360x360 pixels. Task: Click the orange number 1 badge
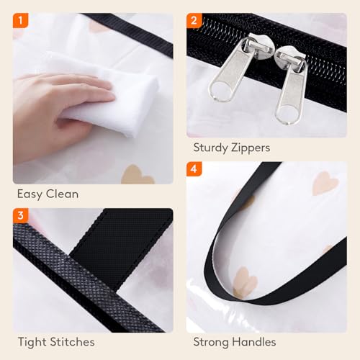(21, 21)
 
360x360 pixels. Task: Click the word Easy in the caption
(31, 194)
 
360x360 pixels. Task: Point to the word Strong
(213, 342)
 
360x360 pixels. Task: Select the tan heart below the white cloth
(137, 173)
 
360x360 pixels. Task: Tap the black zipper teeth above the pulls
(288, 40)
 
